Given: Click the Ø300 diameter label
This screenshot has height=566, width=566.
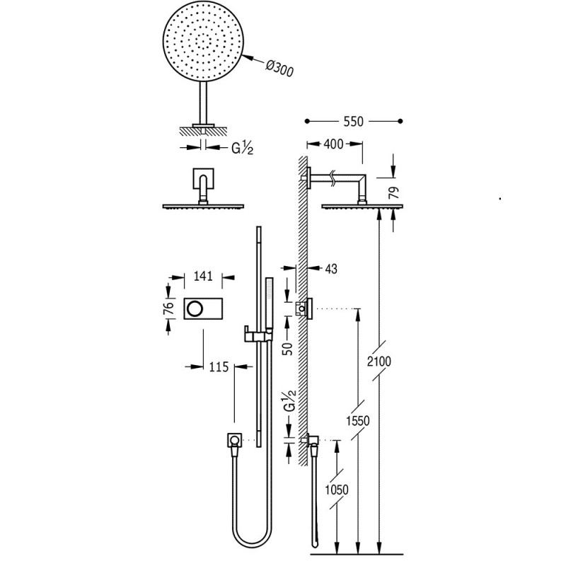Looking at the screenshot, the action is (x=279, y=69).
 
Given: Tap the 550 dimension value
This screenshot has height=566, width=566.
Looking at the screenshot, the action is (x=353, y=122).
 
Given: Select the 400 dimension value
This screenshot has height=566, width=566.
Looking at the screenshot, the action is (x=333, y=144).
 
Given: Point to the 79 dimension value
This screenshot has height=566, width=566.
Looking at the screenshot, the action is (x=395, y=192).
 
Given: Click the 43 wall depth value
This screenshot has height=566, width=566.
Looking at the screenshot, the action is (x=331, y=269).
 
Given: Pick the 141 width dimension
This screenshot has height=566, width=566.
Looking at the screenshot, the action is (x=203, y=276).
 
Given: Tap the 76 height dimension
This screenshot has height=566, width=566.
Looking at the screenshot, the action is (x=169, y=308).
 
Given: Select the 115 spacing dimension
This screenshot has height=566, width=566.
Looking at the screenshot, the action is (x=219, y=367).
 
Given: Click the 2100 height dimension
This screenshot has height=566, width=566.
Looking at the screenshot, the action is (x=379, y=361).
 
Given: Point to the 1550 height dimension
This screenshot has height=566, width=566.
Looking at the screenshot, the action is (x=358, y=420).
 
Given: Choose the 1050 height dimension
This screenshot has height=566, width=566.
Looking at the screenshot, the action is (x=337, y=490).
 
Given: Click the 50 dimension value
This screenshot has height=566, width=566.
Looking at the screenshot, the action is (x=289, y=349).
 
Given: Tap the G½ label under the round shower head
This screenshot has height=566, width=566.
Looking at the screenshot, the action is (x=242, y=148).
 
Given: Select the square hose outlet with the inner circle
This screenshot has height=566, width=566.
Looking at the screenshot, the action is (x=234, y=440).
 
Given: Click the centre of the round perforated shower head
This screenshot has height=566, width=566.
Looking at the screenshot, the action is (x=203, y=41).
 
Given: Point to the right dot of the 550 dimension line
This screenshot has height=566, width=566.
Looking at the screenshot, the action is (x=400, y=121).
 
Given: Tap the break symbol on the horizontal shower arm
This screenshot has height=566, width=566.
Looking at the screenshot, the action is (x=333, y=178).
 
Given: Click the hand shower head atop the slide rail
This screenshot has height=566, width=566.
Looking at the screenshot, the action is (x=270, y=304).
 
